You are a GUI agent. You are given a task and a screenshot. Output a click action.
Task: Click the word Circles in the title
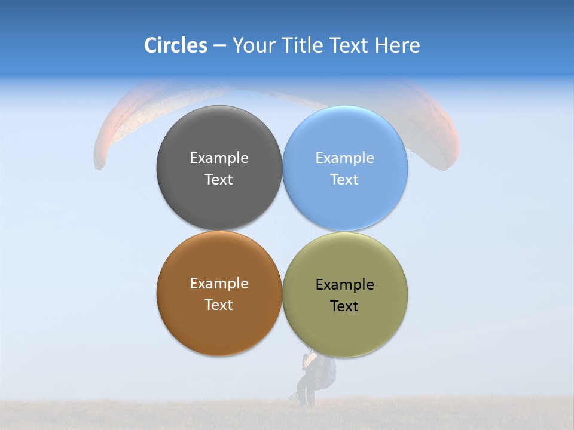pyautogui.click(x=175, y=45)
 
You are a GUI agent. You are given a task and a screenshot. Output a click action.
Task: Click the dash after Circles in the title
pyautogui.click(x=219, y=46)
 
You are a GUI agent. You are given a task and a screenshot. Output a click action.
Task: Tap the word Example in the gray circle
pyautogui.click(x=219, y=158)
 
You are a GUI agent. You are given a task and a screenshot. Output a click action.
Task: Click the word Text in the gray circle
pyautogui.click(x=219, y=180)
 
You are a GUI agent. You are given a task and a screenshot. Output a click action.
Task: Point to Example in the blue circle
pyautogui.click(x=345, y=158)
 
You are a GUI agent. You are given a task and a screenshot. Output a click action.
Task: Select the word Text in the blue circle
pyautogui.click(x=345, y=180)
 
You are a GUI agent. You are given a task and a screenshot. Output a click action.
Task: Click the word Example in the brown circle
pyautogui.click(x=219, y=284)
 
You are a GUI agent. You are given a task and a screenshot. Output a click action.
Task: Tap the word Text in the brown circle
pyautogui.click(x=219, y=305)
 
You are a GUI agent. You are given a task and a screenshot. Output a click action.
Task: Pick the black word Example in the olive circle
pyautogui.click(x=345, y=285)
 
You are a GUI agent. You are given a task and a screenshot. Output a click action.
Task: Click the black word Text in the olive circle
pyautogui.click(x=345, y=306)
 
